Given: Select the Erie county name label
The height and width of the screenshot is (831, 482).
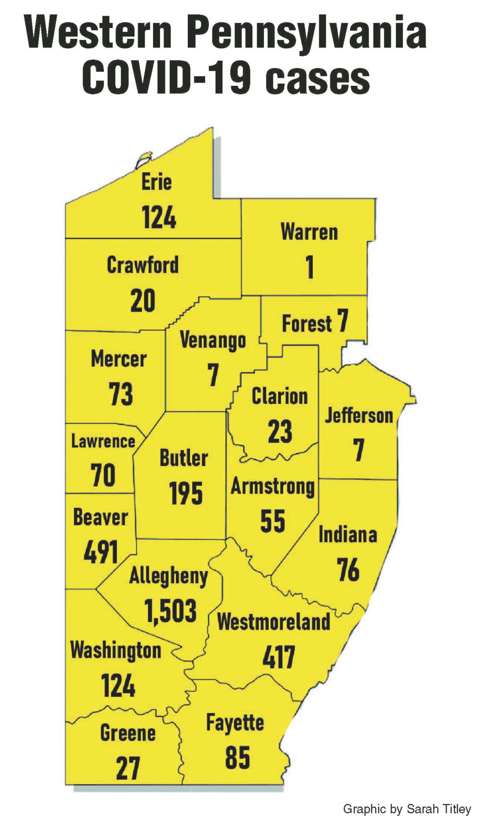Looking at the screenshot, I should [x=156, y=182].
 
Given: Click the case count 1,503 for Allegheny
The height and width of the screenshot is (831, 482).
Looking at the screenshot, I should [x=170, y=611].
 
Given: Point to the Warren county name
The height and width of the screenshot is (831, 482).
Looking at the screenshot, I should [x=309, y=232].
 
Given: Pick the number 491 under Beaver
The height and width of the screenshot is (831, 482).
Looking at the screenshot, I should [x=101, y=552].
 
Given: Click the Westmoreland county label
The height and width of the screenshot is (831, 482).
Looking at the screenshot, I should [x=274, y=622].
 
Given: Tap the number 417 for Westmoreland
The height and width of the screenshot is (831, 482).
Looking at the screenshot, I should [x=279, y=657].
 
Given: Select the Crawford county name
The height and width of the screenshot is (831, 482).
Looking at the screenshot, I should [x=142, y=265].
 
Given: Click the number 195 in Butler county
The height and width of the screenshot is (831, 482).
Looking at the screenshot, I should [x=186, y=494].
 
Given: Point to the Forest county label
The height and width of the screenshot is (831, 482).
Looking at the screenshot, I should [x=307, y=324].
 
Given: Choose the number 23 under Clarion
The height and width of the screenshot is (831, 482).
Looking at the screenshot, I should [x=280, y=432].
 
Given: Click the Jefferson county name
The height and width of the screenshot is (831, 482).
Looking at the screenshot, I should [x=359, y=416].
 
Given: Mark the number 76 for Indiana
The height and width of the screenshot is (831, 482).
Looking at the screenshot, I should [x=348, y=570].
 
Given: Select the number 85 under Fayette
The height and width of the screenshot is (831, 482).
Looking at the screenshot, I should [x=237, y=758].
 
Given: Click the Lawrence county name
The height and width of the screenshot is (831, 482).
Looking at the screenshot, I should [x=103, y=441].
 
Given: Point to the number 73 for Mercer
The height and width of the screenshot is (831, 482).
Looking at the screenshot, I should [x=120, y=394].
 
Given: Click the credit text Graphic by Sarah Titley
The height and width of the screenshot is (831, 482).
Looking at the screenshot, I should [x=407, y=809].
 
